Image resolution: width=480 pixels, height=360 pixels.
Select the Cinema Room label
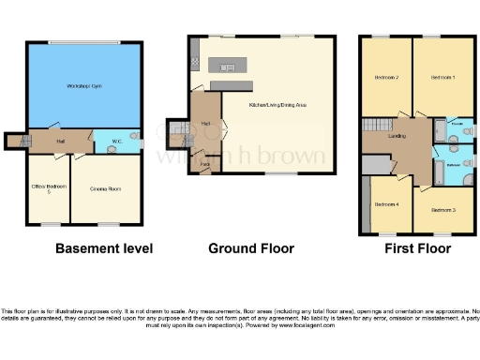[105, 188]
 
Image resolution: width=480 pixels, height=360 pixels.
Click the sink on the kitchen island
[227, 67]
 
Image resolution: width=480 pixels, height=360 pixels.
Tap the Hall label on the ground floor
[204, 123]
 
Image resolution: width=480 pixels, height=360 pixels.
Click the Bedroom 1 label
[442, 77]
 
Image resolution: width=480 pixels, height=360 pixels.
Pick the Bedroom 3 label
[443, 211]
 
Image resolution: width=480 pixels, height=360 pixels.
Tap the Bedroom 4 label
[386, 203]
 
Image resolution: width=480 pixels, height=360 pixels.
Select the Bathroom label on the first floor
[453, 164]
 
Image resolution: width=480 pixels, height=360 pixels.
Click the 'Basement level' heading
[104, 248]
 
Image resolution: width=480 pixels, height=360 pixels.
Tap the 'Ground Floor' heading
[251, 248]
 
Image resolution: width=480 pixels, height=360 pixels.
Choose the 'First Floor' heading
[417, 248]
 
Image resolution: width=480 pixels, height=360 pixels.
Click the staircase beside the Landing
[374, 127]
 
